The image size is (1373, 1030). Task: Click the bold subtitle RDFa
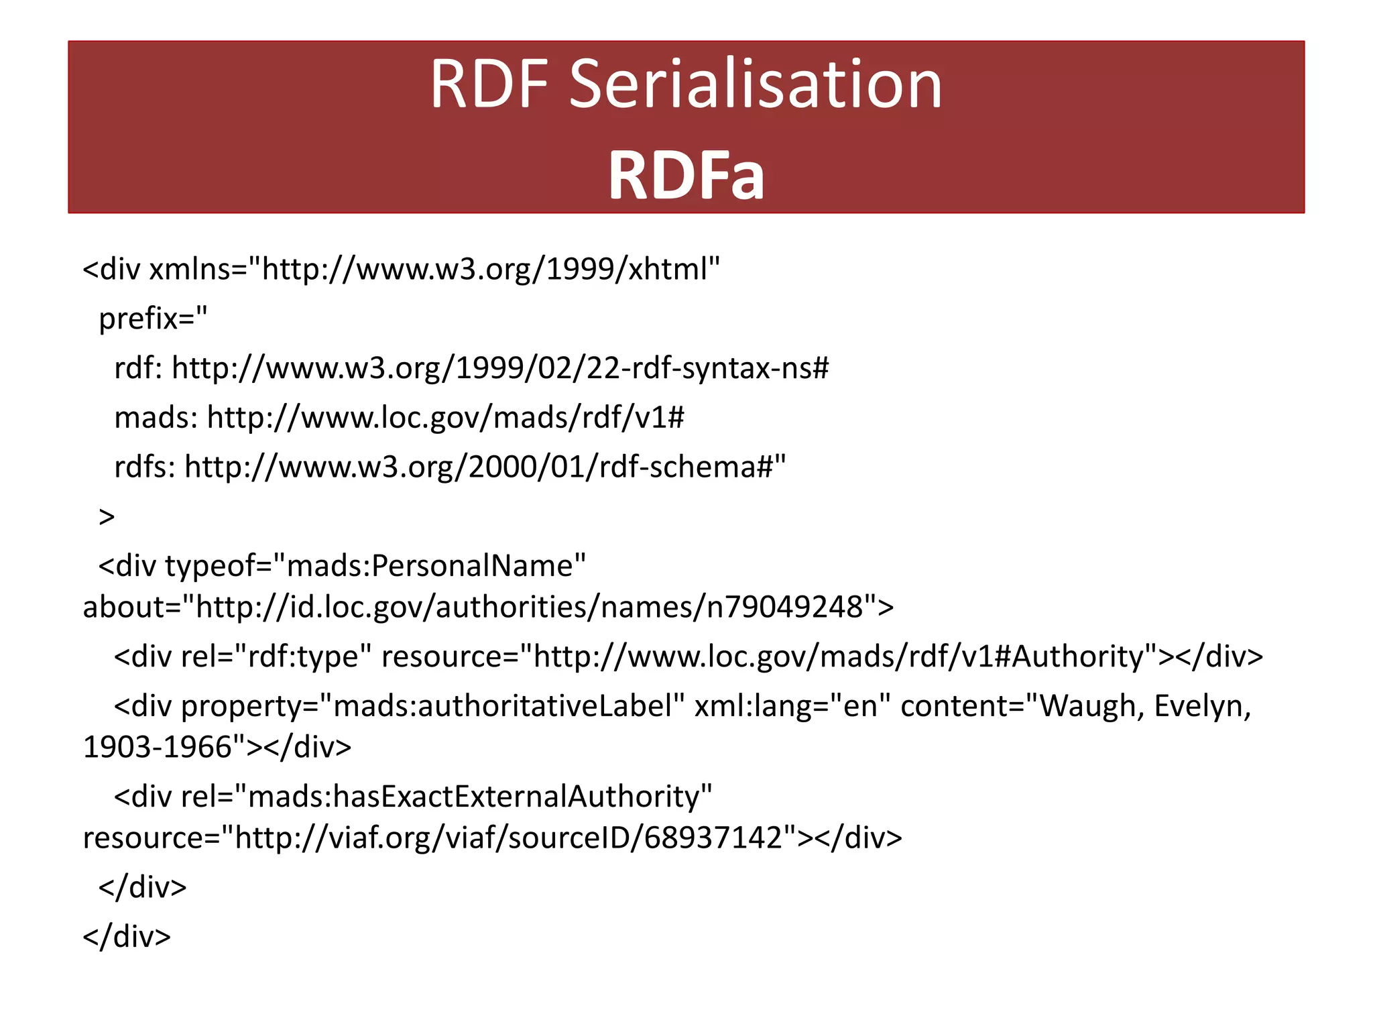pyautogui.click(x=686, y=176)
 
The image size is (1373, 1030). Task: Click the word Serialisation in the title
pyautogui.click(x=756, y=84)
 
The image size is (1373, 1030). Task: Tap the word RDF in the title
pyautogui.click(x=489, y=84)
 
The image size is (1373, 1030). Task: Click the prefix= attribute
pyautogui.click(x=153, y=318)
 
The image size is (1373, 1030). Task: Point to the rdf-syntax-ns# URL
pyautogui.click(x=500, y=367)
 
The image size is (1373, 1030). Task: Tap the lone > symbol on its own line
pyautogui.click(x=107, y=516)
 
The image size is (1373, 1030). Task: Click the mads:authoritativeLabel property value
pyautogui.click(x=502, y=706)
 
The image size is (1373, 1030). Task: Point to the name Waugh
pyautogui.click(x=1091, y=706)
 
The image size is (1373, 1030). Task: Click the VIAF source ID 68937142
pyautogui.click(x=713, y=838)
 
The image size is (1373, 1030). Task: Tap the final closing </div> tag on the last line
pyautogui.click(x=127, y=937)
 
